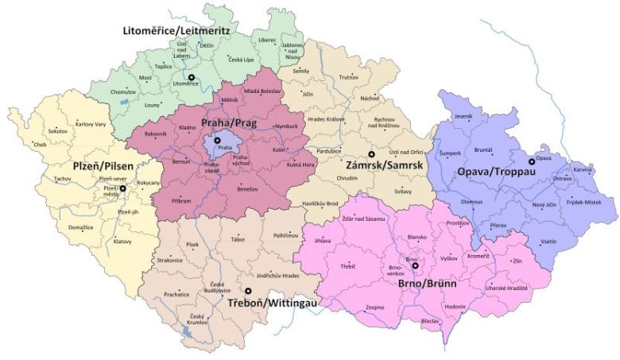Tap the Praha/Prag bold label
click(x=228, y=124)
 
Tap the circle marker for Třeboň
click(x=247, y=292)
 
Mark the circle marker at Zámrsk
click(x=370, y=154)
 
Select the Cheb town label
click(x=40, y=145)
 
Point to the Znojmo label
click(x=374, y=306)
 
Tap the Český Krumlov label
click(x=199, y=317)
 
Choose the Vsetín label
click(x=548, y=241)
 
